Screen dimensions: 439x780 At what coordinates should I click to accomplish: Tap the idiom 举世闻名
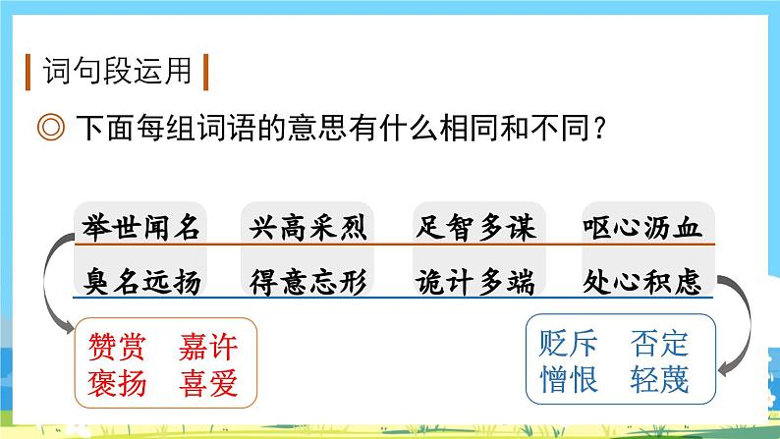coord(138,229)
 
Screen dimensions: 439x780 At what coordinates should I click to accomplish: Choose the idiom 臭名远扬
coord(138,283)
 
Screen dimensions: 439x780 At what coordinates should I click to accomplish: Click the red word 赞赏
coord(116,346)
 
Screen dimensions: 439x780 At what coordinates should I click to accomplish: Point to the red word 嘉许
coord(208,346)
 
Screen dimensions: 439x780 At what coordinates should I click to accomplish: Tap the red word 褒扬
coord(116,381)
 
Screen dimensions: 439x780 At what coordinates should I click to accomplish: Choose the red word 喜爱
coord(208,381)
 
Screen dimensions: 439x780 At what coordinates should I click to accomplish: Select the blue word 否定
coord(660,344)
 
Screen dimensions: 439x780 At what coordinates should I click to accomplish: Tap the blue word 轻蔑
coord(660,379)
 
